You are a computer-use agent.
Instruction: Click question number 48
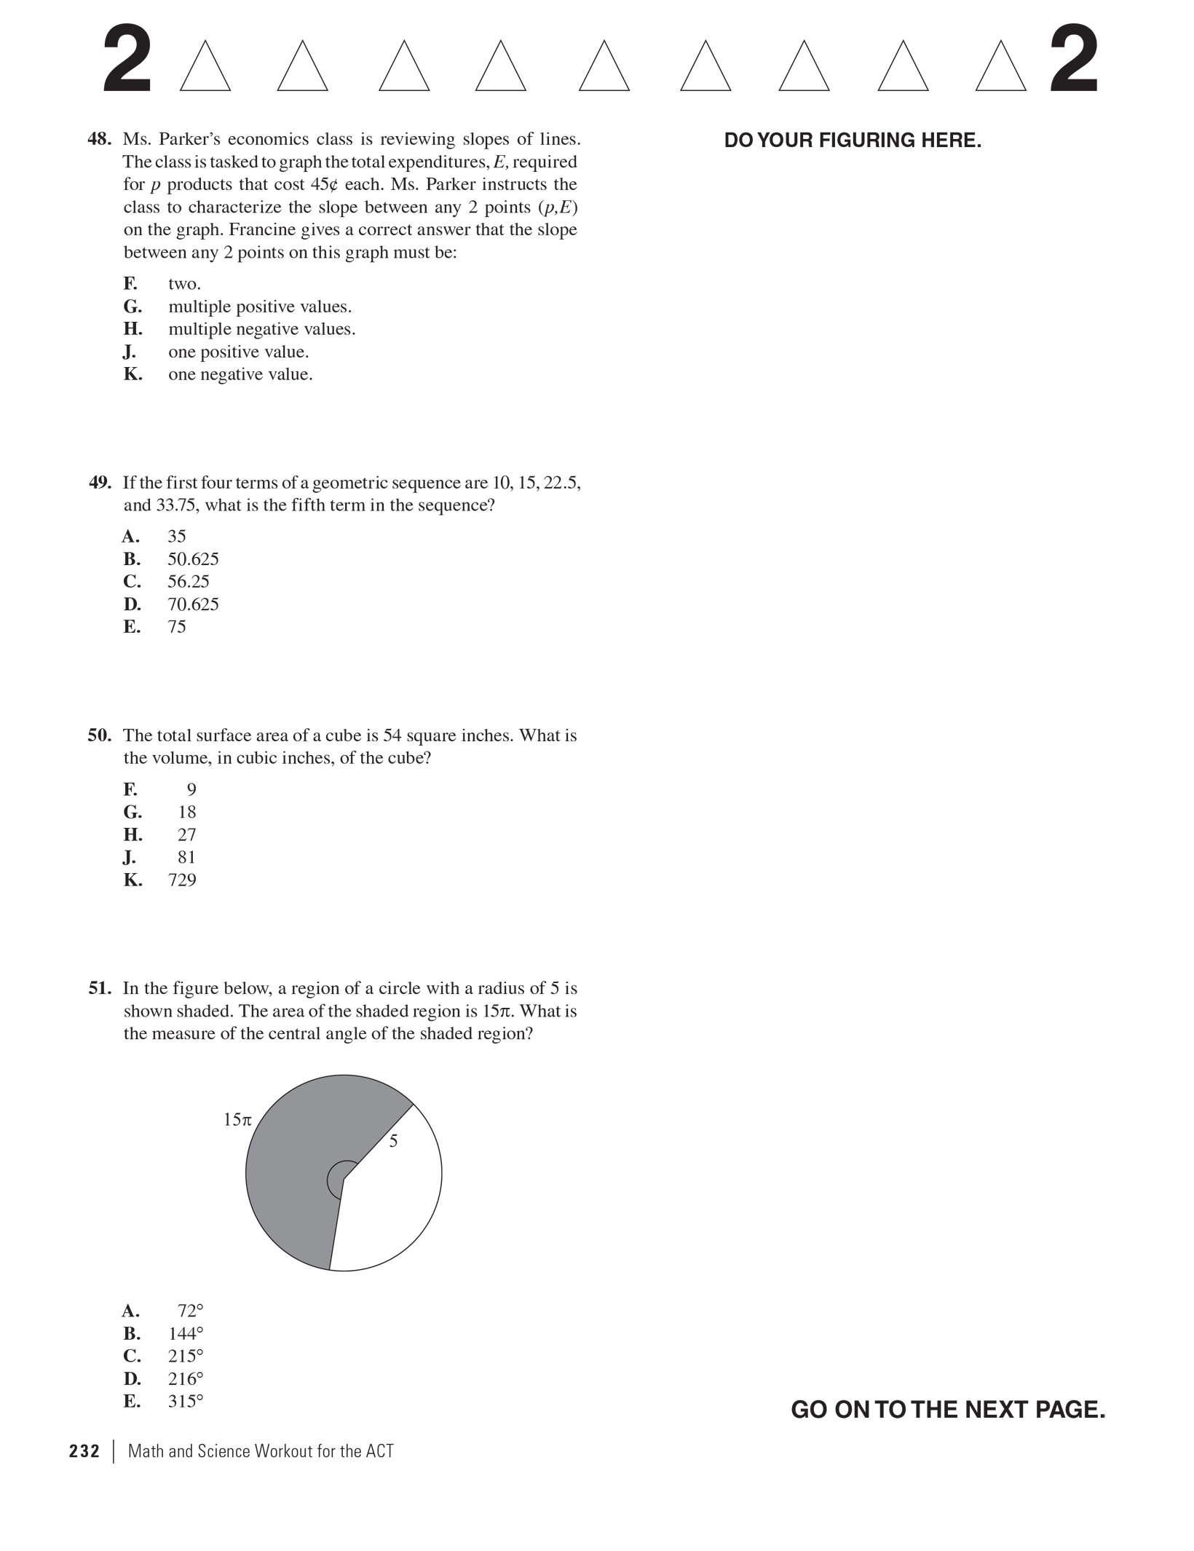[x=100, y=139]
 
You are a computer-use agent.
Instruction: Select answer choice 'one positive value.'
[x=238, y=352]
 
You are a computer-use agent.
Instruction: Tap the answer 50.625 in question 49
[x=193, y=559]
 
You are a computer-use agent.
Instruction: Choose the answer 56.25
[x=189, y=582]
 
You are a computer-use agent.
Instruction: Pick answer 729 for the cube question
[x=182, y=880]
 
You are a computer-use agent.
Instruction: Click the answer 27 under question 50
[x=187, y=835]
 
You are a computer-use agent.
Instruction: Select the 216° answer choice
[x=186, y=1379]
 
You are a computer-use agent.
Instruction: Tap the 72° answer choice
[x=190, y=1311]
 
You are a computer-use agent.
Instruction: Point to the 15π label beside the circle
[x=237, y=1120]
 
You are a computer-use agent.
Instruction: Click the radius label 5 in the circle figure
[x=393, y=1142]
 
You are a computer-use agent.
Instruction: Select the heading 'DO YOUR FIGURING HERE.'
[x=853, y=141]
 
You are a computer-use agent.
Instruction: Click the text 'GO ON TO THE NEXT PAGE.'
[x=948, y=1410]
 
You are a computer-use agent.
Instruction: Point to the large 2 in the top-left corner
[x=127, y=60]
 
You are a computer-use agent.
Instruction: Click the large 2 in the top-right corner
[x=1073, y=60]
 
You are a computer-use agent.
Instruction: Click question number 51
[x=100, y=989]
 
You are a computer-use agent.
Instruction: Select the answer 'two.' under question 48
[x=184, y=284]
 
